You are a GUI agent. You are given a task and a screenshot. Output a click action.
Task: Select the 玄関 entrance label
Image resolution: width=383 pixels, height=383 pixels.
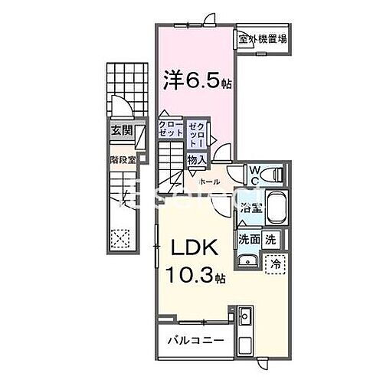pos(121,131)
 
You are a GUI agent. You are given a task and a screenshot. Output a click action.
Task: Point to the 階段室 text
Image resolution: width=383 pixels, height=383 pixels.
pos(122,160)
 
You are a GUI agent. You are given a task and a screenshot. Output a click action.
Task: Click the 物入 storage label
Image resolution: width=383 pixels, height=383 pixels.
pos(195,159)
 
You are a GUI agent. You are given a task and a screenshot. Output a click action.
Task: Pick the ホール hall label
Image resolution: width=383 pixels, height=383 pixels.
pos(210,182)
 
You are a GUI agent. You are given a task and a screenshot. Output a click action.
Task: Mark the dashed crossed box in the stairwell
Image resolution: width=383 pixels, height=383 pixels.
pos(119,238)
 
